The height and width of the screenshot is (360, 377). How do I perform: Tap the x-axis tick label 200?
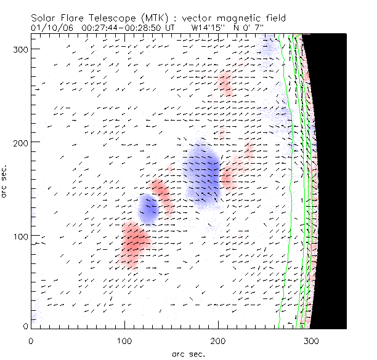(218, 340)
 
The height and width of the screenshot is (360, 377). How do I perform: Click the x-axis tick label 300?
(312, 340)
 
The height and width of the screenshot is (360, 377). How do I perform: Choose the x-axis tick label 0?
(31, 340)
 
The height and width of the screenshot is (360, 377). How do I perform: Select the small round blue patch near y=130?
(148, 209)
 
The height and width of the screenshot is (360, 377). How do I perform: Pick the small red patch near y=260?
(225, 83)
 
